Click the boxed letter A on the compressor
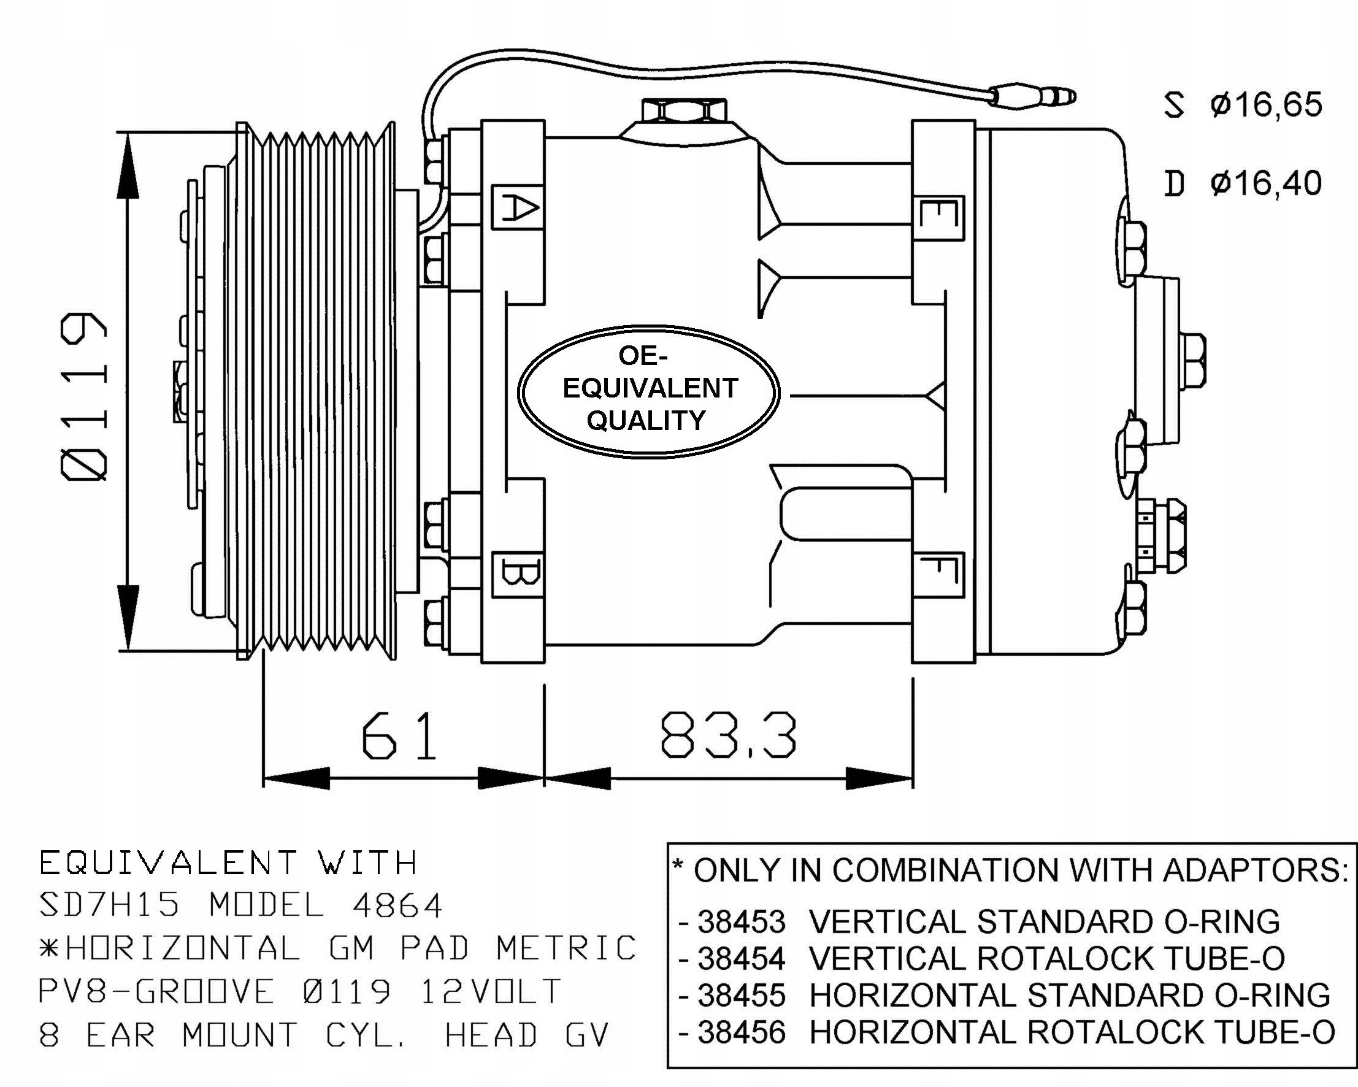pos(517,207)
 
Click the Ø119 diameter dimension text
pos(85,397)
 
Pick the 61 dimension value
pos(399,736)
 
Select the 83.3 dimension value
pos(728,736)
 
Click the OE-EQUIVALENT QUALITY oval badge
pos(649,391)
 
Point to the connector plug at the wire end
pos(1033,97)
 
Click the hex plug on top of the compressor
pos(683,112)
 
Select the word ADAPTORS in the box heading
pos(1254,871)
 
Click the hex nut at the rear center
pos(1192,361)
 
